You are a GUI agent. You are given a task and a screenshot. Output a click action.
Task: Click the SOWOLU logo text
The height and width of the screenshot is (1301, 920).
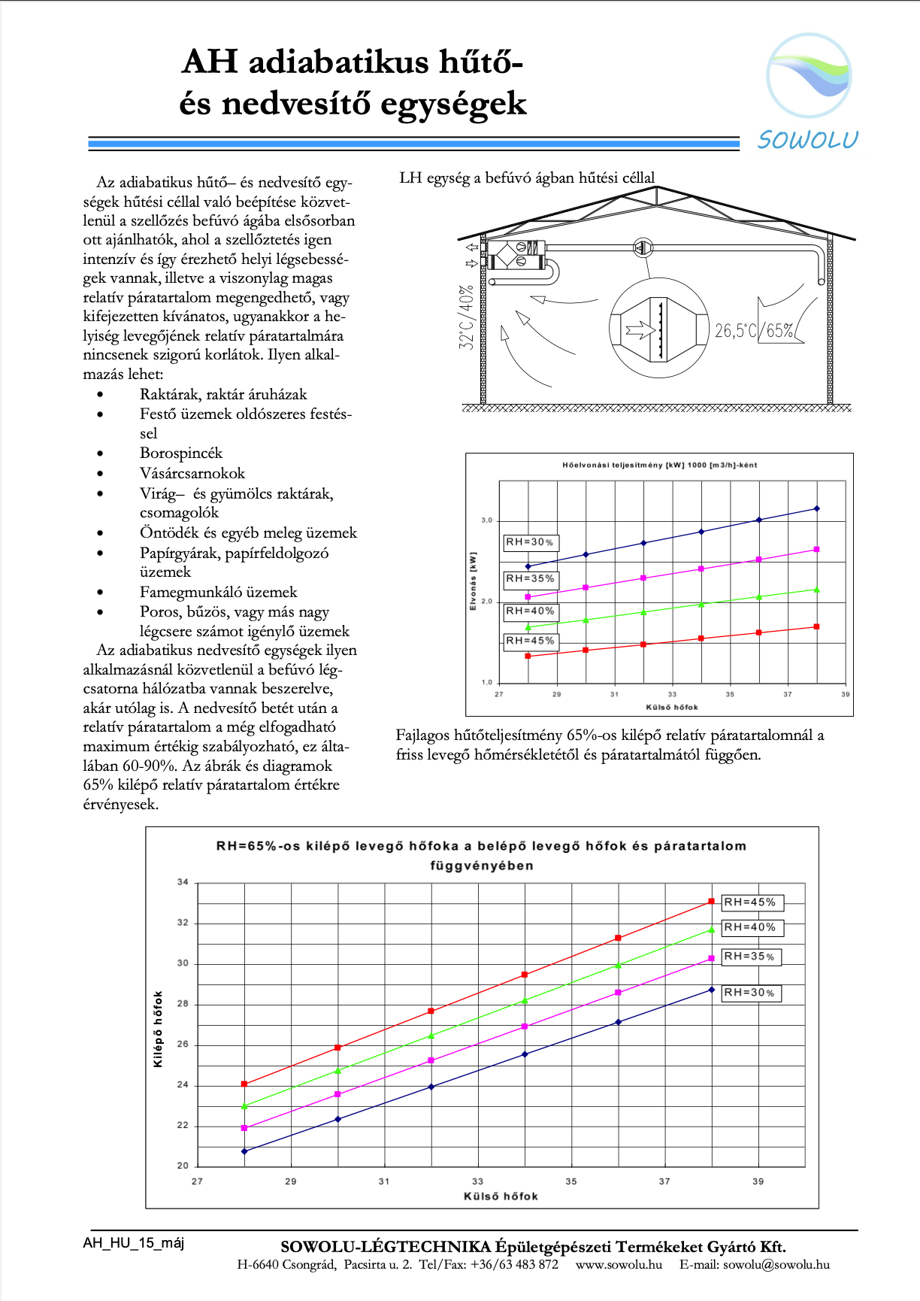click(x=807, y=140)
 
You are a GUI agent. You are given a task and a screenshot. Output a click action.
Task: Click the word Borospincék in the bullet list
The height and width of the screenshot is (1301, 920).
click(x=181, y=453)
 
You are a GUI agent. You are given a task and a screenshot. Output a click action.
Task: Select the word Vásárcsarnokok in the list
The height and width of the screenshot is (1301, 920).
click(x=192, y=473)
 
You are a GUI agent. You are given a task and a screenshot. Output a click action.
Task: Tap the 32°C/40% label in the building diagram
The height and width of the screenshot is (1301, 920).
click(x=467, y=316)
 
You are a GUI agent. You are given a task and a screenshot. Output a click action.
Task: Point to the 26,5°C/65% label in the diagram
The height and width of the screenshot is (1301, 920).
click(x=754, y=331)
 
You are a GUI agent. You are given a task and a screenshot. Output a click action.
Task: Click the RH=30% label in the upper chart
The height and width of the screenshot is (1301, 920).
click(x=530, y=542)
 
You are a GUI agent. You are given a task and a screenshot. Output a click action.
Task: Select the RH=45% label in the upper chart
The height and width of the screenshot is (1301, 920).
click(x=530, y=641)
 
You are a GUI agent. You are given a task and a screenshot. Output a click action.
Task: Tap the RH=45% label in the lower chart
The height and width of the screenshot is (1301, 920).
click(x=750, y=902)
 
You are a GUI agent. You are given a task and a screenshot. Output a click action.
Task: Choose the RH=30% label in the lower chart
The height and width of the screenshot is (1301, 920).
click(x=749, y=993)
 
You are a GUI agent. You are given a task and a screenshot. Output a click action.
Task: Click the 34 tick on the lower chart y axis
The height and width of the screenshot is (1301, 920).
click(x=183, y=882)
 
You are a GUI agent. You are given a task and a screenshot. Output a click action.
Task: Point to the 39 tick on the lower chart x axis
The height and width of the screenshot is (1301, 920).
click(x=758, y=1181)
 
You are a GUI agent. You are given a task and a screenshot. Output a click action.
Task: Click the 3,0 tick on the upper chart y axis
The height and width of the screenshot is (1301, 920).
click(x=487, y=520)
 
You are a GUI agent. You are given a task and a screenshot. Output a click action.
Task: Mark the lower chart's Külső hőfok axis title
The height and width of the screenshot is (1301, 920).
click(x=501, y=1196)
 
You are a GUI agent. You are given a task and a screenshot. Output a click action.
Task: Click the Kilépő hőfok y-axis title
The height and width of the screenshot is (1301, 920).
click(x=158, y=1029)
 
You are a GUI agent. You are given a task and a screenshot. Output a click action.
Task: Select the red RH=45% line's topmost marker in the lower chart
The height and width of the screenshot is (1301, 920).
click(x=711, y=902)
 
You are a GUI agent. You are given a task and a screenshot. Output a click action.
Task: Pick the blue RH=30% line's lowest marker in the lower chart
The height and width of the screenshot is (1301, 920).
click(x=244, y=1151)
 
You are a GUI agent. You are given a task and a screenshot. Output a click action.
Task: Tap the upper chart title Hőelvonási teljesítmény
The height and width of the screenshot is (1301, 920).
click(x=659, y=465)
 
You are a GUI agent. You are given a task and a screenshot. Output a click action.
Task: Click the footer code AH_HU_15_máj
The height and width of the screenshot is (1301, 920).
click(x=133, y=1243)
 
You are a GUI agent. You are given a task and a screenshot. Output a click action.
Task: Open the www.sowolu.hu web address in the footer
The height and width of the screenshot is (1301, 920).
click(x=619, y=1264)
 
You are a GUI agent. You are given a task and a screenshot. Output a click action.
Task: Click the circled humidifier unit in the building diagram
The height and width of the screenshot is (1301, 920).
click(x=659, y=328)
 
